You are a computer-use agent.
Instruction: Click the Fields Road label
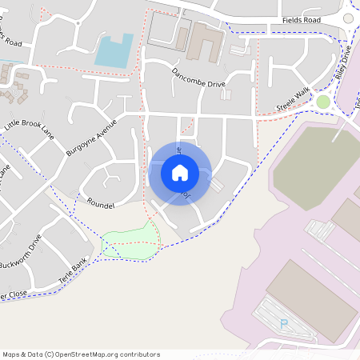(x=301, y=20)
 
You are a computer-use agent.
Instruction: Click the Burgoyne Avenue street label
(x=91, y=137)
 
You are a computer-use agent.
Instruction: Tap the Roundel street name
(x=102, y=205)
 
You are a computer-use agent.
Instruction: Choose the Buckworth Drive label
(x=19, y=251)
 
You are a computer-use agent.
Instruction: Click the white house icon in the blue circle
(x=180, y=172)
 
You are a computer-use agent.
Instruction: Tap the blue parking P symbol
(x=283, y=323)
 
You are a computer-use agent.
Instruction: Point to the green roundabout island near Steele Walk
(x=323, y=102)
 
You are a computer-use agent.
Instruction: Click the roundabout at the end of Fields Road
(x=349, y=18)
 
